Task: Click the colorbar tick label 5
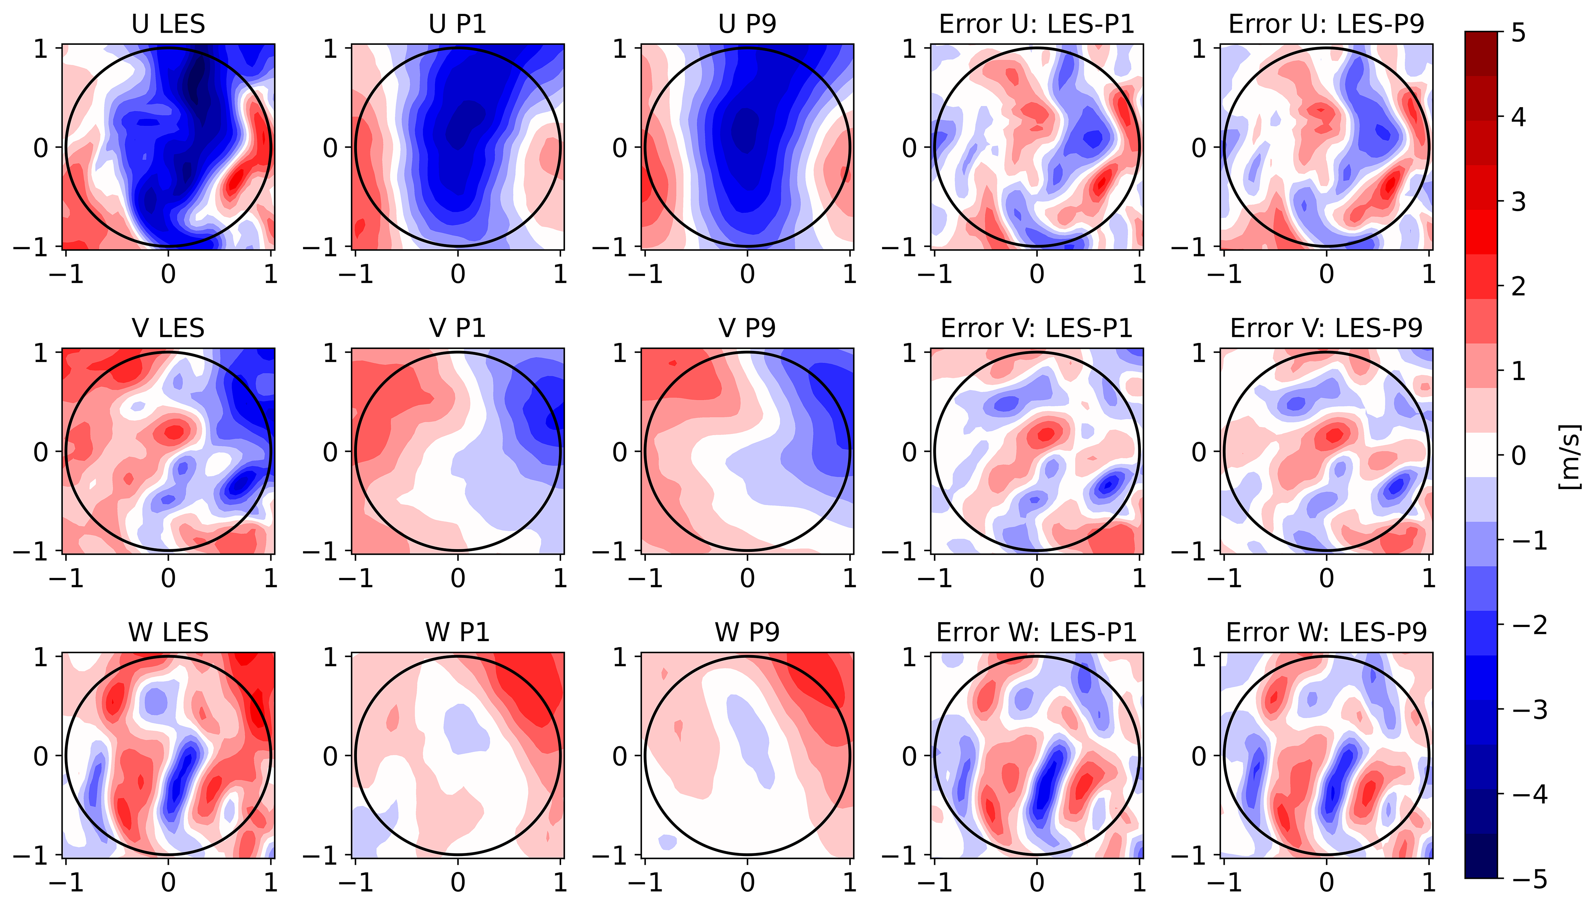1518,32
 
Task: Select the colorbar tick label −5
1527,879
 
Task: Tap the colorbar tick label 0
1518,456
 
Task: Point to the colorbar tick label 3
1518,202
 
